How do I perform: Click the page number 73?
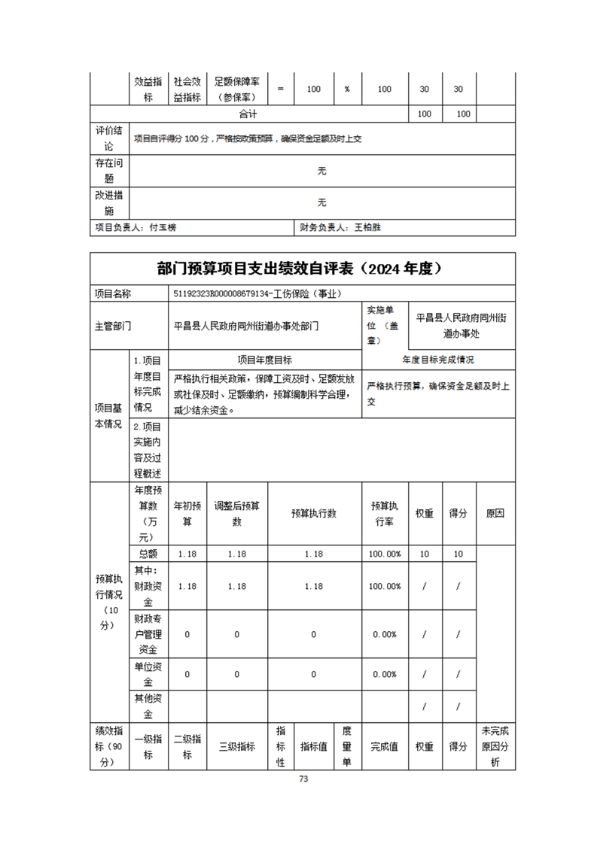tap(303, 779)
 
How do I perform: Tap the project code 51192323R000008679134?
tap(229, 294)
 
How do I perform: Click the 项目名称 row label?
tap(112, 294)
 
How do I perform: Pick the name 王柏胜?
tap(367, 226)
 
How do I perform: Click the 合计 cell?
tap(248, 114)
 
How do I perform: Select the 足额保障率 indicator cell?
tap(237, 89)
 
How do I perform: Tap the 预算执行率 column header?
tap(385, 514)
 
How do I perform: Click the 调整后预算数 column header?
tap(236, 514)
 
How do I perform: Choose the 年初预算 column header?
tap(187, 514)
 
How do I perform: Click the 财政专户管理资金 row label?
tap(148, 634)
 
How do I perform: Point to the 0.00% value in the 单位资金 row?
tap(385, 674)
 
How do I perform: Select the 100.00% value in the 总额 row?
tap(385, 554)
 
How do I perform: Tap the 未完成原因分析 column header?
tap(495, 746)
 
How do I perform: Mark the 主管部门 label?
tap(112, 326)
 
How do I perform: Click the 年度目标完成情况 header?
tap(438, 360)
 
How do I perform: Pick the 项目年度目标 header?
tap(265, 360)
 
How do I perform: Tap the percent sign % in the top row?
tap(347, 89)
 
